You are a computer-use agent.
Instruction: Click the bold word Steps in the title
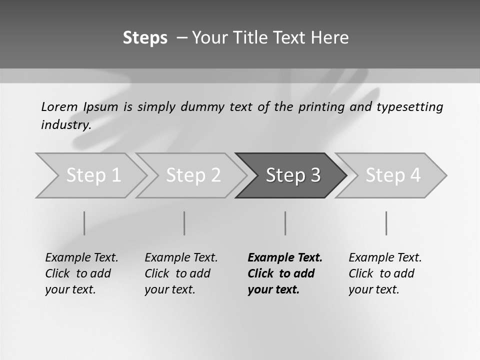click(145, 38)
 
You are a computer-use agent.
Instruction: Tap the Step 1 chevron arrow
click(92, 175)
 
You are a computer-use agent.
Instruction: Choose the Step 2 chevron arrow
click(192, 175)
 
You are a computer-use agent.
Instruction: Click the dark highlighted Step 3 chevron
click(292, 175)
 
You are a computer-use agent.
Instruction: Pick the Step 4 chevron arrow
click(392, 175)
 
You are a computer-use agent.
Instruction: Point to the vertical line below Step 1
click(84, 223)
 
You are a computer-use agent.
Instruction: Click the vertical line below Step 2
click(184, 223)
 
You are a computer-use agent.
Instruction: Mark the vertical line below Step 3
click(285, 223)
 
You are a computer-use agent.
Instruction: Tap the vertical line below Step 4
click(386, 223)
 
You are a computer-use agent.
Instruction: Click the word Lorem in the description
click(59, 106)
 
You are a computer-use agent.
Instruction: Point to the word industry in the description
click(65, 125)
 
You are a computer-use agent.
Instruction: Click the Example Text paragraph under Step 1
click(81, 273)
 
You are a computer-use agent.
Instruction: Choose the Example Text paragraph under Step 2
click(181, 273)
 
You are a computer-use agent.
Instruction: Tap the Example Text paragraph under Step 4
click(385, 273)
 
